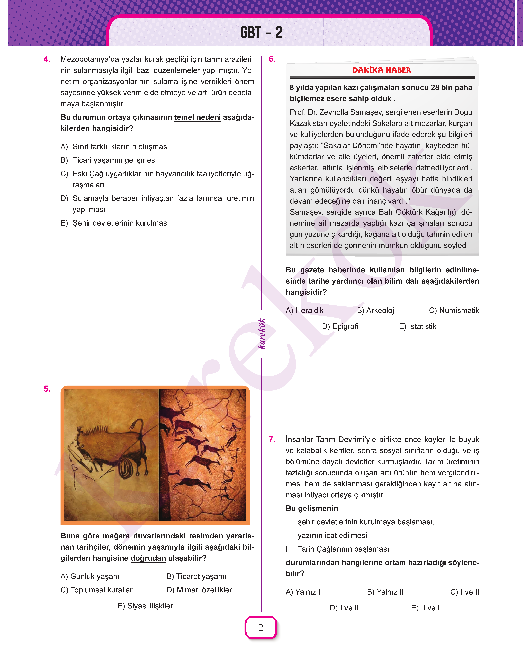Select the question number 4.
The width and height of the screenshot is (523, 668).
(x=47, y=59)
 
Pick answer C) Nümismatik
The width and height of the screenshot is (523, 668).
(x=454, y=310)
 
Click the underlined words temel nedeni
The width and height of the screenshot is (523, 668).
(x=198, y=117)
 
